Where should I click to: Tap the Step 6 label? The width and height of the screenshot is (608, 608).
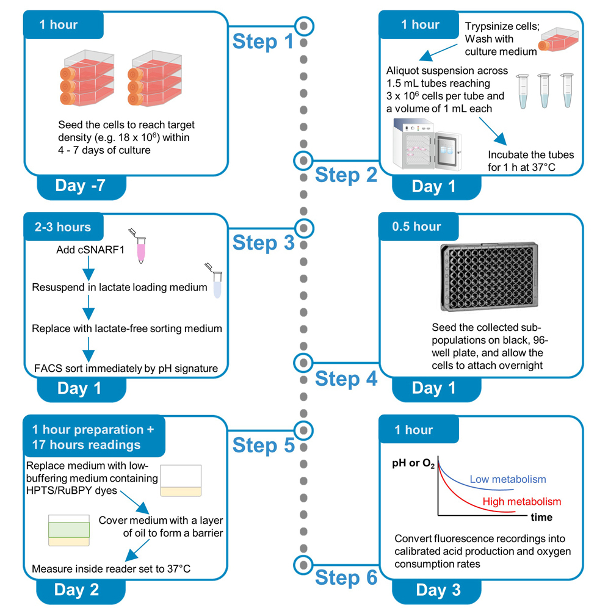coord(346,577)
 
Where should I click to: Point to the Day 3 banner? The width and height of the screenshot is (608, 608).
coord(438,590)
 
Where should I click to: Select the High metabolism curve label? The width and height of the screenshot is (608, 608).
coord(521,502)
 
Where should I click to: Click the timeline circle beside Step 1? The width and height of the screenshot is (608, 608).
coord(304,26)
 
